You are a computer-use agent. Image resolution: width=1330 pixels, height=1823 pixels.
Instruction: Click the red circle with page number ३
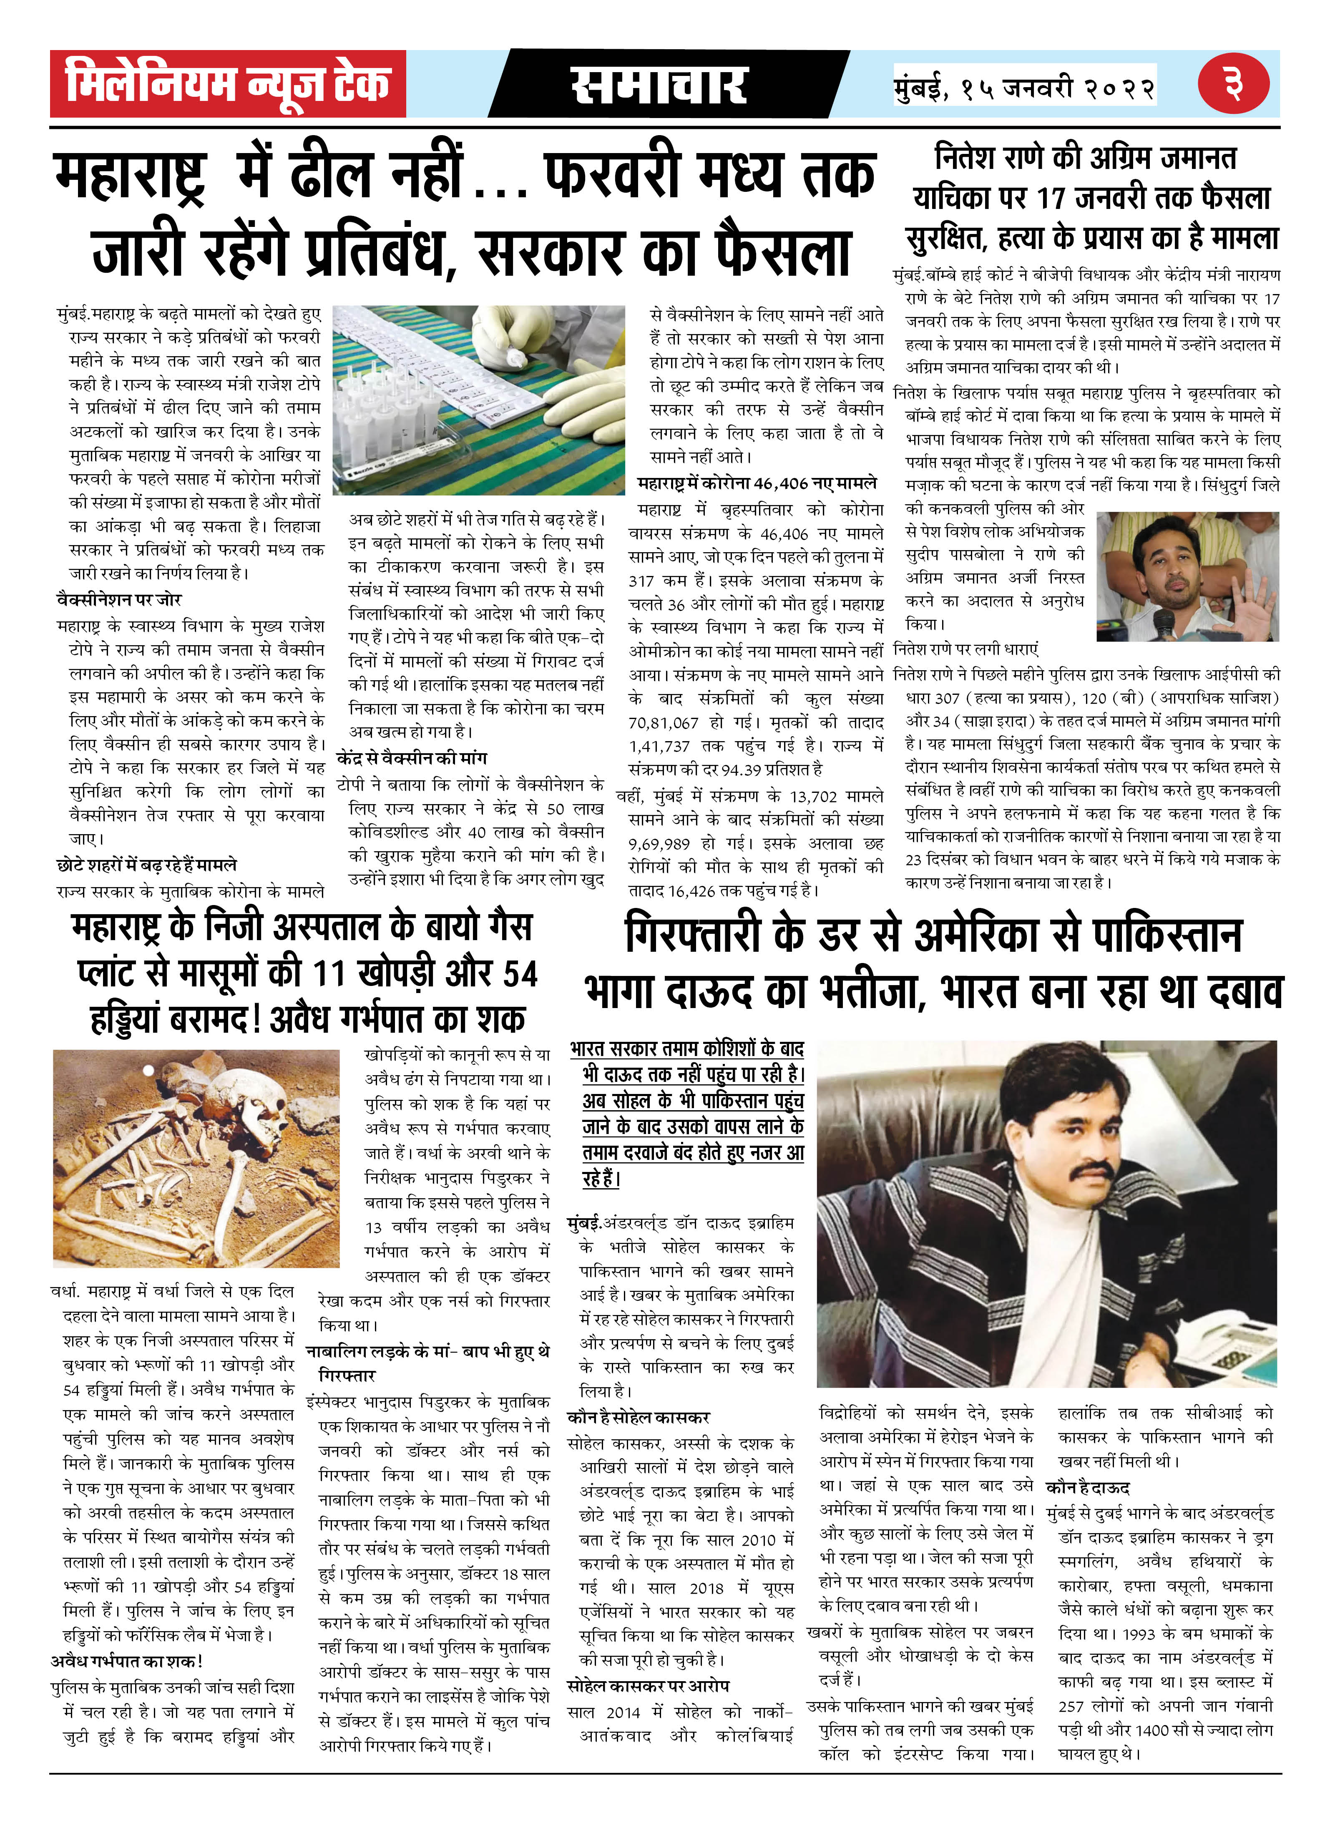[x=1233, y=84]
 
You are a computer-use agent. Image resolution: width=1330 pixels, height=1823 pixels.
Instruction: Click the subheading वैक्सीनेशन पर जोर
[x=119, y=599]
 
